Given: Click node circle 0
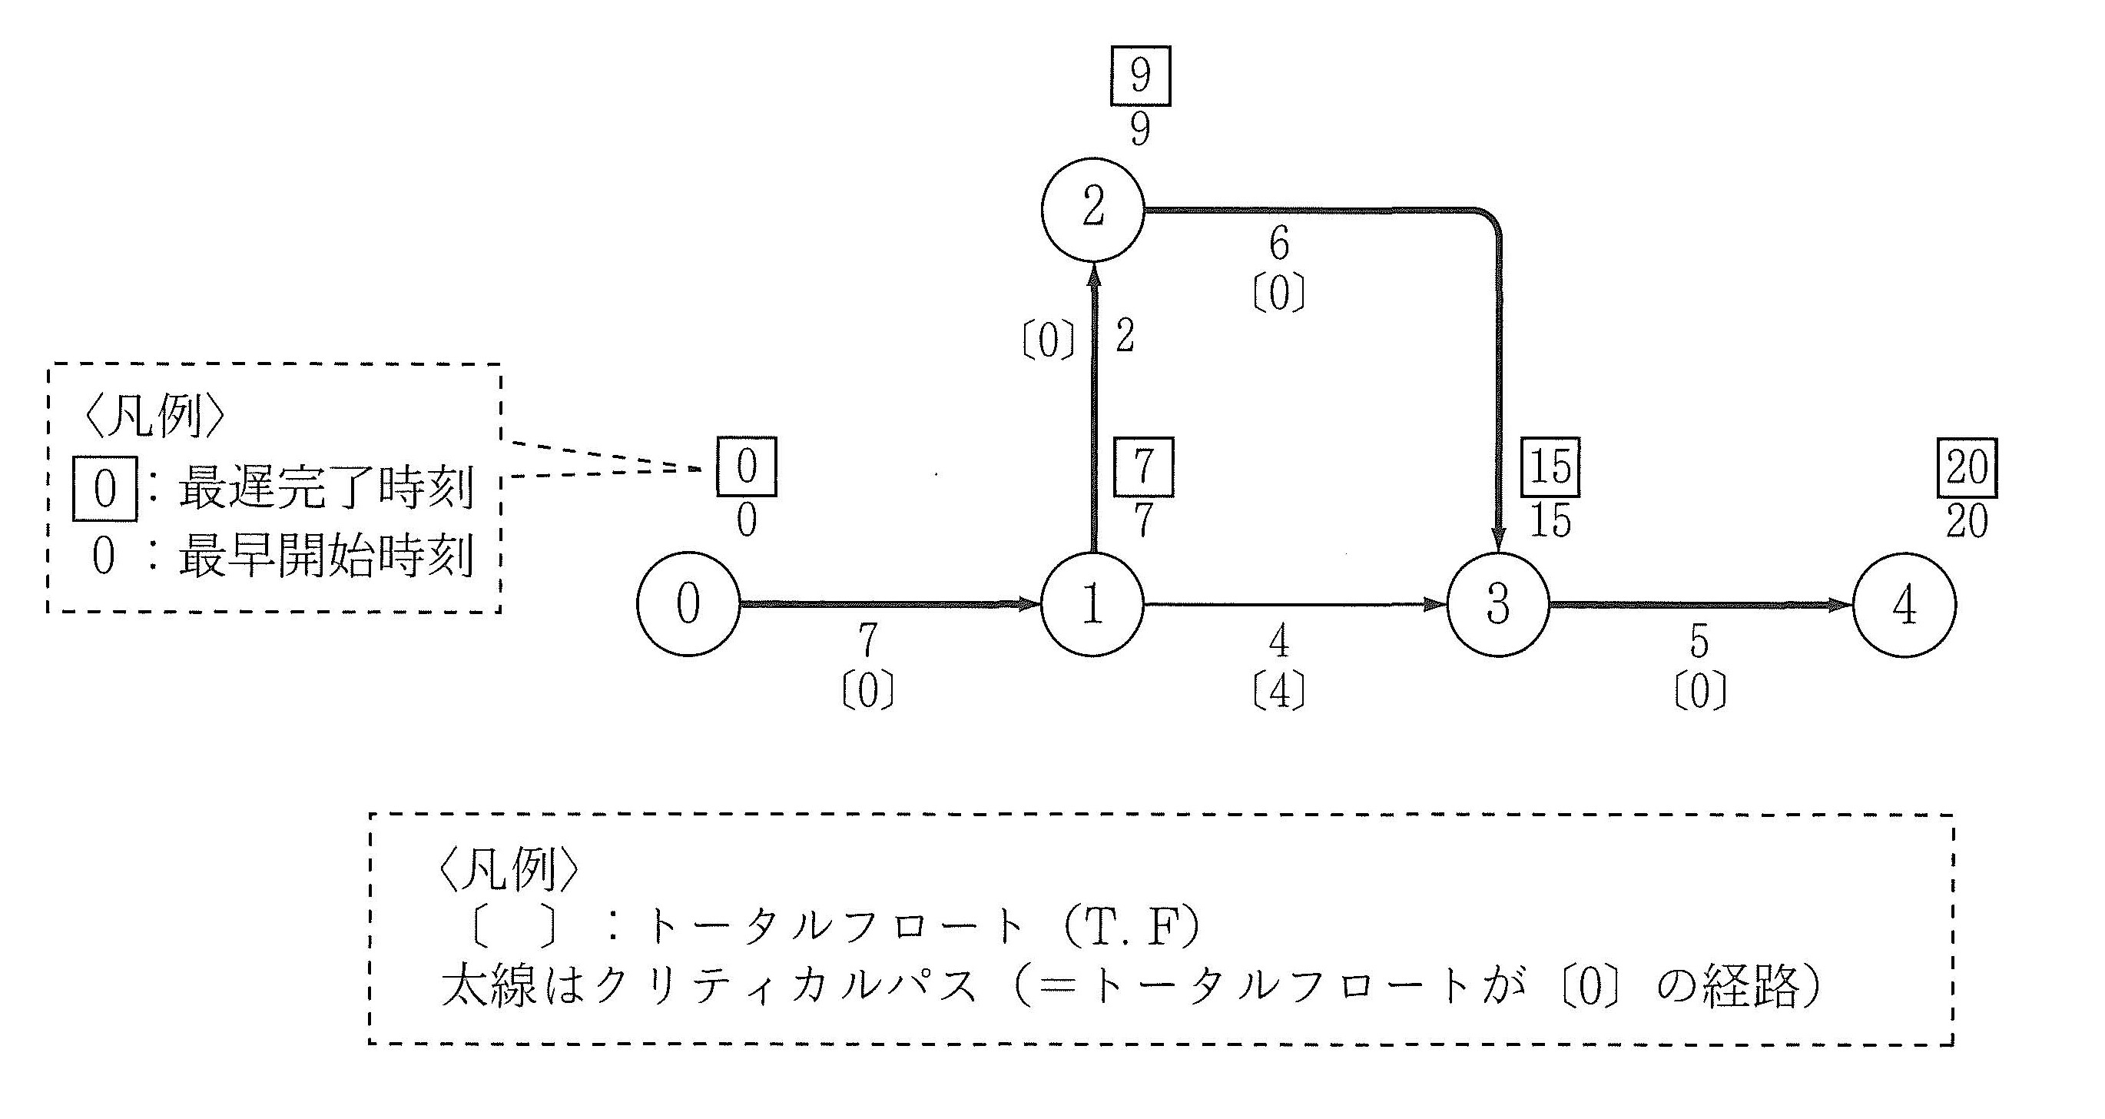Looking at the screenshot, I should point(688,604).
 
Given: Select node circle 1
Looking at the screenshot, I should point(1092,604).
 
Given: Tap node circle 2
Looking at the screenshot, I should point(1092,209).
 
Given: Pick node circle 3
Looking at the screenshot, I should point(1497,604).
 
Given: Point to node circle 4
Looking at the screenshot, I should point(1904,605).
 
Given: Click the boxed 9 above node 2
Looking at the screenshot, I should point(1140,76).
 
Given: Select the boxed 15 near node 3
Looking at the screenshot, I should point(1550,467).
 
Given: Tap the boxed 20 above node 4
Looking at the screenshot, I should point(1967,467).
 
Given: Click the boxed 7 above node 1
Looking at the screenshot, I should point(1143,467).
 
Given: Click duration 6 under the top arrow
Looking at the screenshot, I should point(1279,244).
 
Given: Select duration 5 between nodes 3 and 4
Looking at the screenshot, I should point(1699,643).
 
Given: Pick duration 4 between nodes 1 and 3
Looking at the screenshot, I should point(1279,642).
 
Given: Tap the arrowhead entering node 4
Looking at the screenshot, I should point(1840,605).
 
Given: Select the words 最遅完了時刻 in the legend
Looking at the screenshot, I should point(325,489).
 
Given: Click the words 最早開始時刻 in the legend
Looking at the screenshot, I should point(325,557).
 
